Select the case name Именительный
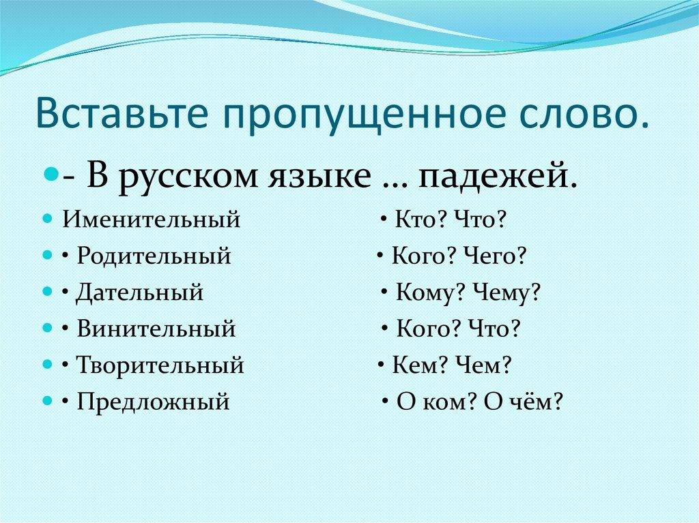pos(152,220)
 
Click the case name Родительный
pos(154,256)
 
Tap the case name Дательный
pos(139,293)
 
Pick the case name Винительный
pos(156,329)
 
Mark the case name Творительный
pos(160,366)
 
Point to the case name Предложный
pos(153,402)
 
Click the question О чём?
pos(523,402)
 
